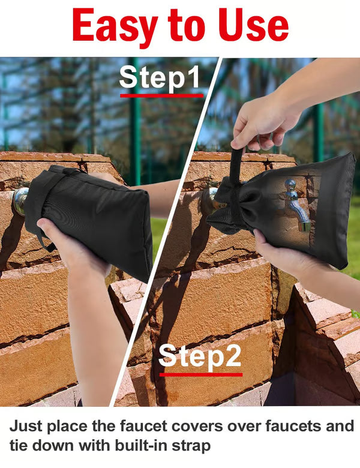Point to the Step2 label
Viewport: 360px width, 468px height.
(200, 356)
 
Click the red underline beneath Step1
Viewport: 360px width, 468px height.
(161, 95)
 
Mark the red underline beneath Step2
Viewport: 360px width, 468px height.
(200, 374)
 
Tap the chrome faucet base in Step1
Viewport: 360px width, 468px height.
(19, 201)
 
